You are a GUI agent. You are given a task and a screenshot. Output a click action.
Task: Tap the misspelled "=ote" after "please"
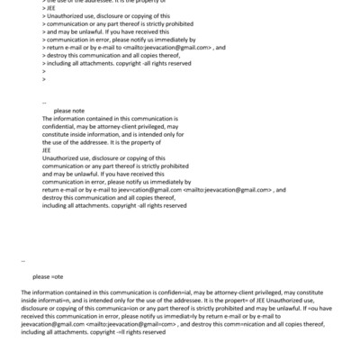click(x=58, y=277)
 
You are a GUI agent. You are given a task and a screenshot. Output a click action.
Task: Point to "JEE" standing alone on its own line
click(x=47, y=150)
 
